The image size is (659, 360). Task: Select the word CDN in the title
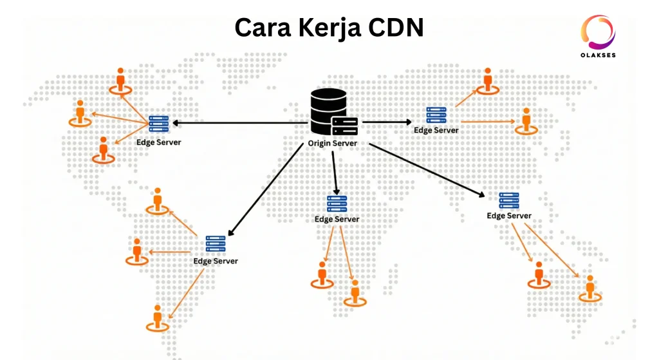[398, 28]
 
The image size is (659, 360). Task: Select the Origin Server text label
[332, 143]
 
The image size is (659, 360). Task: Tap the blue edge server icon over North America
[158, 123]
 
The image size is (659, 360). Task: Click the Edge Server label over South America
[216, 261]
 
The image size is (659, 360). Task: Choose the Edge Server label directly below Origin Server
[337, 219]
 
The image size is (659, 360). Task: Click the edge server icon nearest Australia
[509, 200]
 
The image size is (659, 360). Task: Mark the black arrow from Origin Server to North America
[238, 122]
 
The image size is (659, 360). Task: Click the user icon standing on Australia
[589, 288]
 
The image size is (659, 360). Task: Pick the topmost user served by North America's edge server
[120, 80]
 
